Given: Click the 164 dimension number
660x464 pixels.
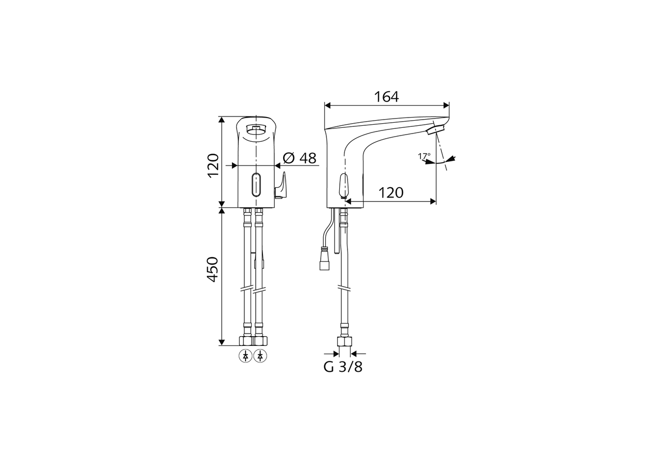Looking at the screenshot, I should (386, 97).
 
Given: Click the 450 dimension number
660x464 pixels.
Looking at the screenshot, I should (213, 269).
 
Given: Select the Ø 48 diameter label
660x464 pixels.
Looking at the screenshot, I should (300, 158).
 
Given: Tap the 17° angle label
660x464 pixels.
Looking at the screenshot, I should (424, 156).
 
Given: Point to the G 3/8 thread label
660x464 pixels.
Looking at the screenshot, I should (343, 367).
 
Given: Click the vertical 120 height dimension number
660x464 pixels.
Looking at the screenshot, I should (213, 165).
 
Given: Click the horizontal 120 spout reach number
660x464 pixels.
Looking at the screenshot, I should (391, 193).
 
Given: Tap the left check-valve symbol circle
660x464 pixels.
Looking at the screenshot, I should (245, 356).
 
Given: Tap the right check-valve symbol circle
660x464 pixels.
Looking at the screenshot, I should (260, 356).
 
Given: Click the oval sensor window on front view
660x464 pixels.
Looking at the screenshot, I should (256, 185).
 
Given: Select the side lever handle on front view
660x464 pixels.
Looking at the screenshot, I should (280, 186).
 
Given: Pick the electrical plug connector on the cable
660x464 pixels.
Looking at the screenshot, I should (324, 259).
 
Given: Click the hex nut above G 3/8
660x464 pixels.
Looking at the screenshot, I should (344, 341).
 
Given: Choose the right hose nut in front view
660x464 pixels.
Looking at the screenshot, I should (260, 340).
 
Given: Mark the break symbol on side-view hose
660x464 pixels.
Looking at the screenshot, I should (344, 288).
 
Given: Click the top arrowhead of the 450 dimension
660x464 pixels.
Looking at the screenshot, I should (222, 211).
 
